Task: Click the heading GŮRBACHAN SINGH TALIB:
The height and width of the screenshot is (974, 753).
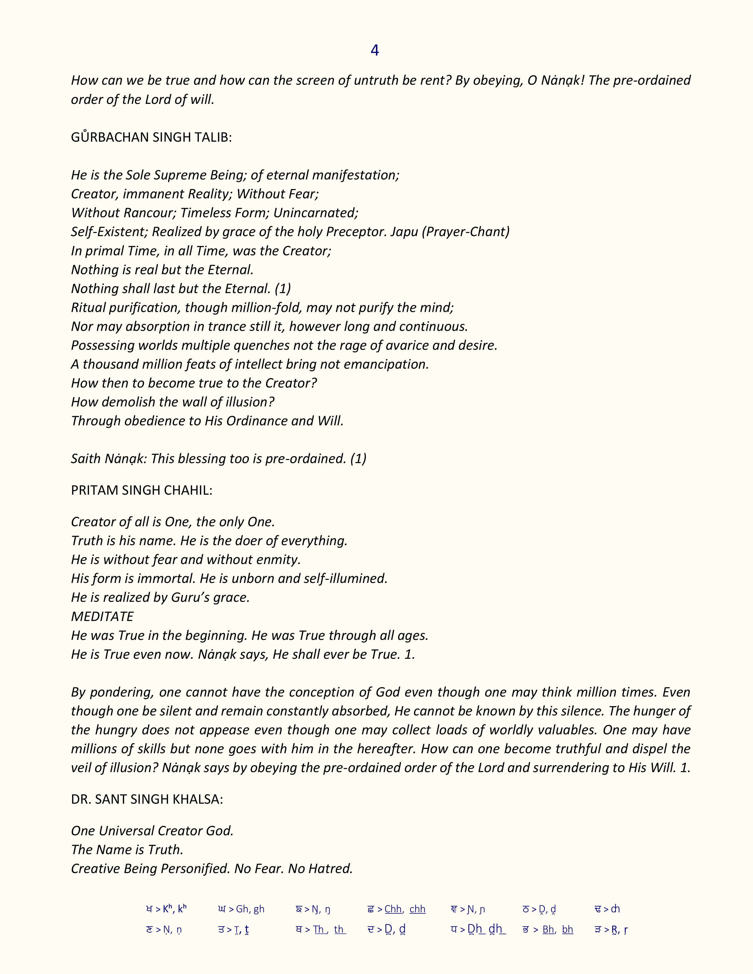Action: (x=151, y=137)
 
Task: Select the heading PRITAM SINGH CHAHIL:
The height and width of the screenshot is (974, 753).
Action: (x=141, y=490)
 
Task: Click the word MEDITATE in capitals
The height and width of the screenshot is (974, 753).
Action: (x=102, y=616)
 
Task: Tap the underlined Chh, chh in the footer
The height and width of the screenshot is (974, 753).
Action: (x=405, y=909)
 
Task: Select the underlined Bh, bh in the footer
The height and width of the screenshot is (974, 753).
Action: (x=558, y=929)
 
